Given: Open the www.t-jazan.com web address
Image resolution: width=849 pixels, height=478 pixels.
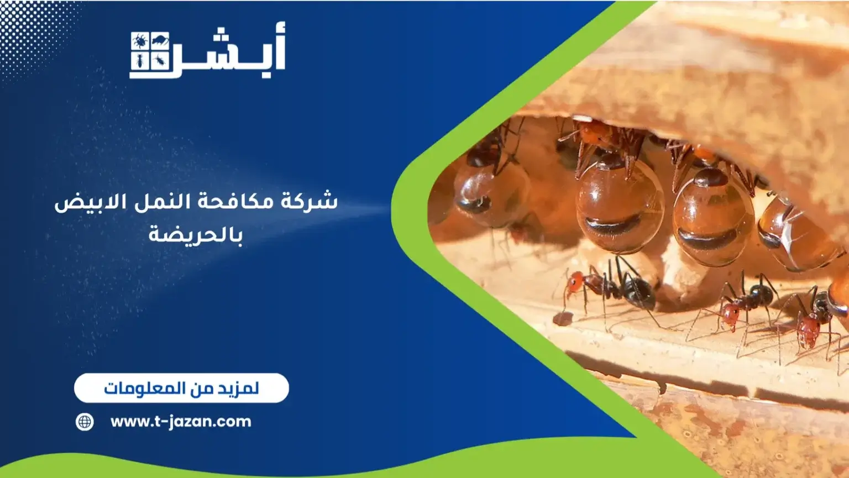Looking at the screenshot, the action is tap(181, 422).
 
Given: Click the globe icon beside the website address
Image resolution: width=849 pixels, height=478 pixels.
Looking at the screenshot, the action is tap(85, 422).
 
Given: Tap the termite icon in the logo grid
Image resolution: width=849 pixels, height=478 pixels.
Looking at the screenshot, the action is tap(139, 61).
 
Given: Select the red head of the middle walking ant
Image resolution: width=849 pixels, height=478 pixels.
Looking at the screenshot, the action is tap(730, 313).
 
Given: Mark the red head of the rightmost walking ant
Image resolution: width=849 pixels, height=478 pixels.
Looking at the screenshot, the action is tap(808, 328).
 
